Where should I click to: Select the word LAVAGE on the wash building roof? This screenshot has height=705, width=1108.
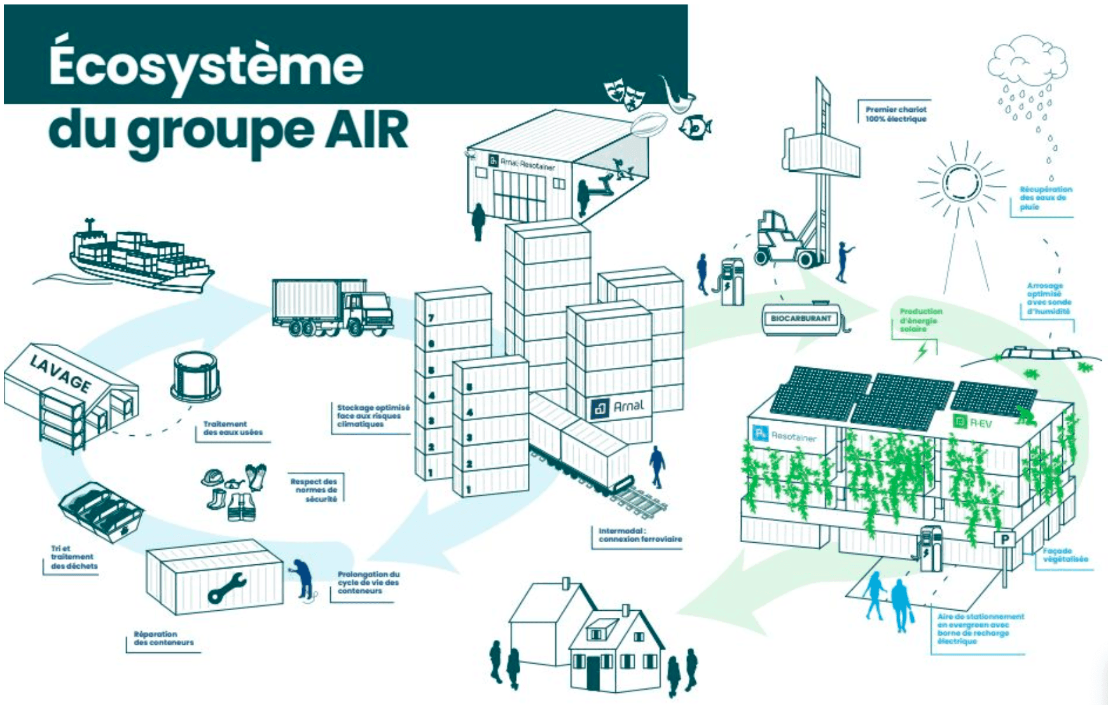point(61,373)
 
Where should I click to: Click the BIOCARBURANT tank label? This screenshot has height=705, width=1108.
point(801,318)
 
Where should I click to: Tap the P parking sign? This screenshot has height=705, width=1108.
point(1005,540)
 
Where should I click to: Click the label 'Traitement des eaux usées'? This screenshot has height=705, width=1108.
point(233,428)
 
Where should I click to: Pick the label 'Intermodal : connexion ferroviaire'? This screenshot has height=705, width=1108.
point(639,534)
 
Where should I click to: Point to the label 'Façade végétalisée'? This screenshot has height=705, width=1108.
point(1065,555)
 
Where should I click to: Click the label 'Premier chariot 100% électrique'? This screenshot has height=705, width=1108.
point(896,114)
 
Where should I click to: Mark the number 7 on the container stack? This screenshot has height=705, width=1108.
point(431,318)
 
